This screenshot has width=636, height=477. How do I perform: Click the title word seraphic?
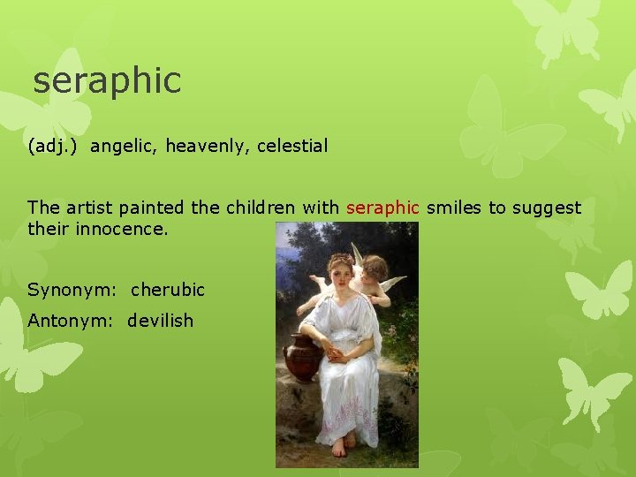tap(107, 80)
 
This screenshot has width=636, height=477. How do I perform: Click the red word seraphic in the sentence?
tap(382, 208)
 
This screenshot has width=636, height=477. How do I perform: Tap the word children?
tap(263, 208)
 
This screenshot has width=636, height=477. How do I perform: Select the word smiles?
tap(454, 208)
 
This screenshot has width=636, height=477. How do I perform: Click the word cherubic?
tap(168, 290)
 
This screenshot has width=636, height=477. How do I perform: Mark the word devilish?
tap(160, 321)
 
